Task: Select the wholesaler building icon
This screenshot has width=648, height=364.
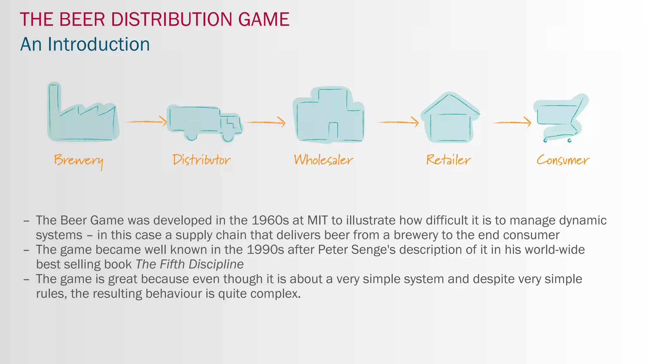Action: pyautogui.click(x=329, y=115)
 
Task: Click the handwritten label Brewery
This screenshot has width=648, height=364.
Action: pyautogui.click(x=78, y=161)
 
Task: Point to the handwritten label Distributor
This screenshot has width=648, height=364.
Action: pyautogui.click(x=202, y=160)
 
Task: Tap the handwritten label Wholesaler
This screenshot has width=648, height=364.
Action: pyautogui.click(x=323, y=160)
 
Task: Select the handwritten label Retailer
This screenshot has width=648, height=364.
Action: pyautogui.click(x=448, y=160)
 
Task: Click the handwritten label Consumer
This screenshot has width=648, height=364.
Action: pyautogui.click(x=563, y=160)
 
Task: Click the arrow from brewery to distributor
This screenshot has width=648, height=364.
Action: pyautogui.click(x=146, y=121)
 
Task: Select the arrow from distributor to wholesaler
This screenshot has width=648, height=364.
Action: pyautogui.click(x=266, y=122)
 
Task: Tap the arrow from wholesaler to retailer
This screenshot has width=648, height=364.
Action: pyautogui.click(x=397, y=122)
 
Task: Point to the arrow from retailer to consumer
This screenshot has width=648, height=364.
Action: pyautogui.click(x=511, y=122)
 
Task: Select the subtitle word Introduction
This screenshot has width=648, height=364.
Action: pyautogui.click(x=99, y=44)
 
